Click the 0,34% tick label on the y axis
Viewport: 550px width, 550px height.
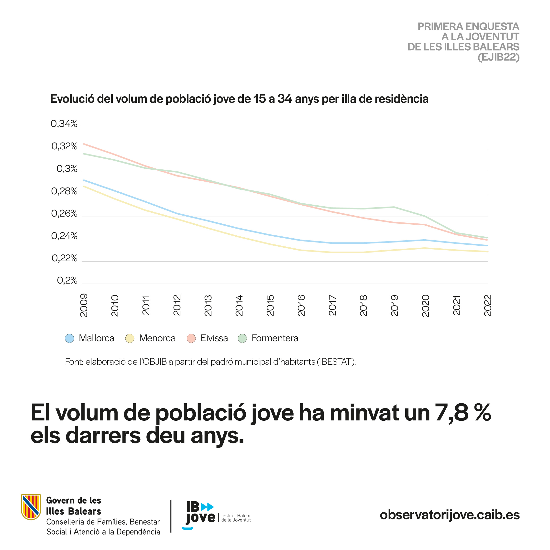[x=64, y=124]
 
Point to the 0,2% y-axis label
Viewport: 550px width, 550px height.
[x=67, y=281]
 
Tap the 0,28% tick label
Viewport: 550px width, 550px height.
[x=64, y=191]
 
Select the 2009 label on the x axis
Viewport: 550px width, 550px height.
[x=84, y=306]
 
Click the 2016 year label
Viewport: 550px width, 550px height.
[x=301, y=306]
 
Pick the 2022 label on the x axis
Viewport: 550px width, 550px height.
[x=488, y=306]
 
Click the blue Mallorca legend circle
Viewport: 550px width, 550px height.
[x=69, y=339]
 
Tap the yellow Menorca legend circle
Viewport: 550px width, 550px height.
[x=130, y=339]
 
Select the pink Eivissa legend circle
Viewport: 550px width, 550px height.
[x=191, y=339]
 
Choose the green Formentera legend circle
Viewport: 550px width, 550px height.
[x=242, y=339]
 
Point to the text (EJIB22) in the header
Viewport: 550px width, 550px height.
[x=498, y=57]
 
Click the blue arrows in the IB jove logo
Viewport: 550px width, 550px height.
[x=207, y=507]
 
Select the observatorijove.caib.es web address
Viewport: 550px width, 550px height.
[x=450, y=515]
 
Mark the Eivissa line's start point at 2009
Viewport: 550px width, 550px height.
[x=84, y=144]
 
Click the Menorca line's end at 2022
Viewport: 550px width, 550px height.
[x=488, y=252]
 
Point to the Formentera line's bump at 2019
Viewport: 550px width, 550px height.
[x=394, y=207]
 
